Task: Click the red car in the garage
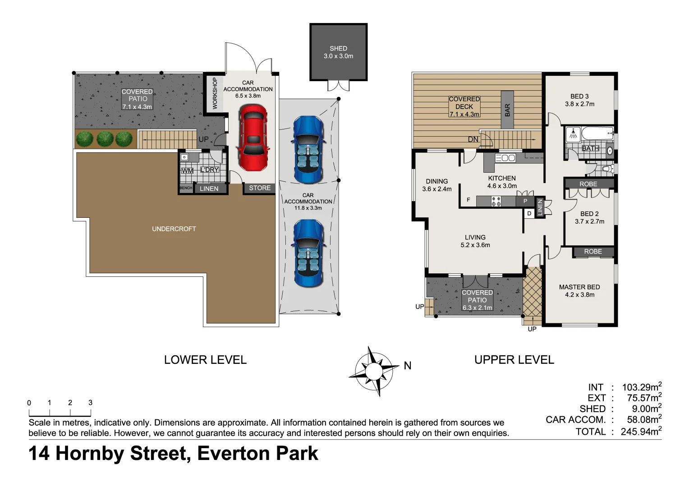tap(253, 138)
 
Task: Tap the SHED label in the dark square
tap(338, 49)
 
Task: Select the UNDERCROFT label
tap(174, 229)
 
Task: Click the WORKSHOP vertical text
tap(215, 93)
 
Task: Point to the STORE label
tap(260, 188)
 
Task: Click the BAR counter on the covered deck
tap(507, 110)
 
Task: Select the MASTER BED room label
tap(579, 287)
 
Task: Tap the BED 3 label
tap(579, 96)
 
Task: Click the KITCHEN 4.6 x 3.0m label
tap(502, 182)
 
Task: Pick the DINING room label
tap(436, 181)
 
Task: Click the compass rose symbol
tap(373, 371)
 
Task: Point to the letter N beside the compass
tap(408, 366)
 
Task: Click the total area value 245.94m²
tap(641, 432)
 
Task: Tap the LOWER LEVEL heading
tap(205, 360)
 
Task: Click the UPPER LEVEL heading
tap(514, 360)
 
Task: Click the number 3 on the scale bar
tap(90, 403)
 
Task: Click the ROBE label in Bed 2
tap(588, 184)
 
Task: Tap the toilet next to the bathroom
tap(606, 169)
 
